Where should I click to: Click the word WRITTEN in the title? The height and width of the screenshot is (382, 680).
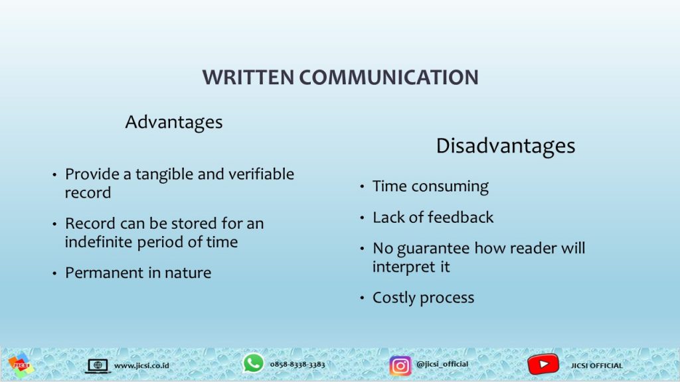pyautogui.click(x=248, y=78)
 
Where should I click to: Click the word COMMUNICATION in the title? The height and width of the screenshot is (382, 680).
pyautogui.click(x=388, y=78)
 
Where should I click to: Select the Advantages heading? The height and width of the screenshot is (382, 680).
pyautogui.click(x=174, y=123)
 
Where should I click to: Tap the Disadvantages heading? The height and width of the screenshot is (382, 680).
pyautogui.click(x=505, y=147)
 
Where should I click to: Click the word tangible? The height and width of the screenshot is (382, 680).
pyautogui.click(x=164, y=175)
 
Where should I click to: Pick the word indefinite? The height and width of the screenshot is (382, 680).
pyautogui.click(x=99, y=241)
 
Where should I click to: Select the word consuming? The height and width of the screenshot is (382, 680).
pyautogui.click(x=450, y=187)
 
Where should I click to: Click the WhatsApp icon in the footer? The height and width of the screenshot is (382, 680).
pyautogui.click(x=253, y=363)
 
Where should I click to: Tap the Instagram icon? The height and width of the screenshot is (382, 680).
pyautogui.click(x=400, y=366)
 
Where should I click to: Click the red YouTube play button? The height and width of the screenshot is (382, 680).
pyautogui.click(x=543, y=364)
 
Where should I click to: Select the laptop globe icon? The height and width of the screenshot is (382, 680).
pyautogui.click(x=98, y=366)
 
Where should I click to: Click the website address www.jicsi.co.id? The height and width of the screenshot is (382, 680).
pyautogui.click(x=141, y=365)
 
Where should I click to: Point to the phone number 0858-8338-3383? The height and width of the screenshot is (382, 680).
pyautogui.click(x=297, y=364)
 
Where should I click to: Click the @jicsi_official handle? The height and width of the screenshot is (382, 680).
pyautogui.click(x=442, y=364)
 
